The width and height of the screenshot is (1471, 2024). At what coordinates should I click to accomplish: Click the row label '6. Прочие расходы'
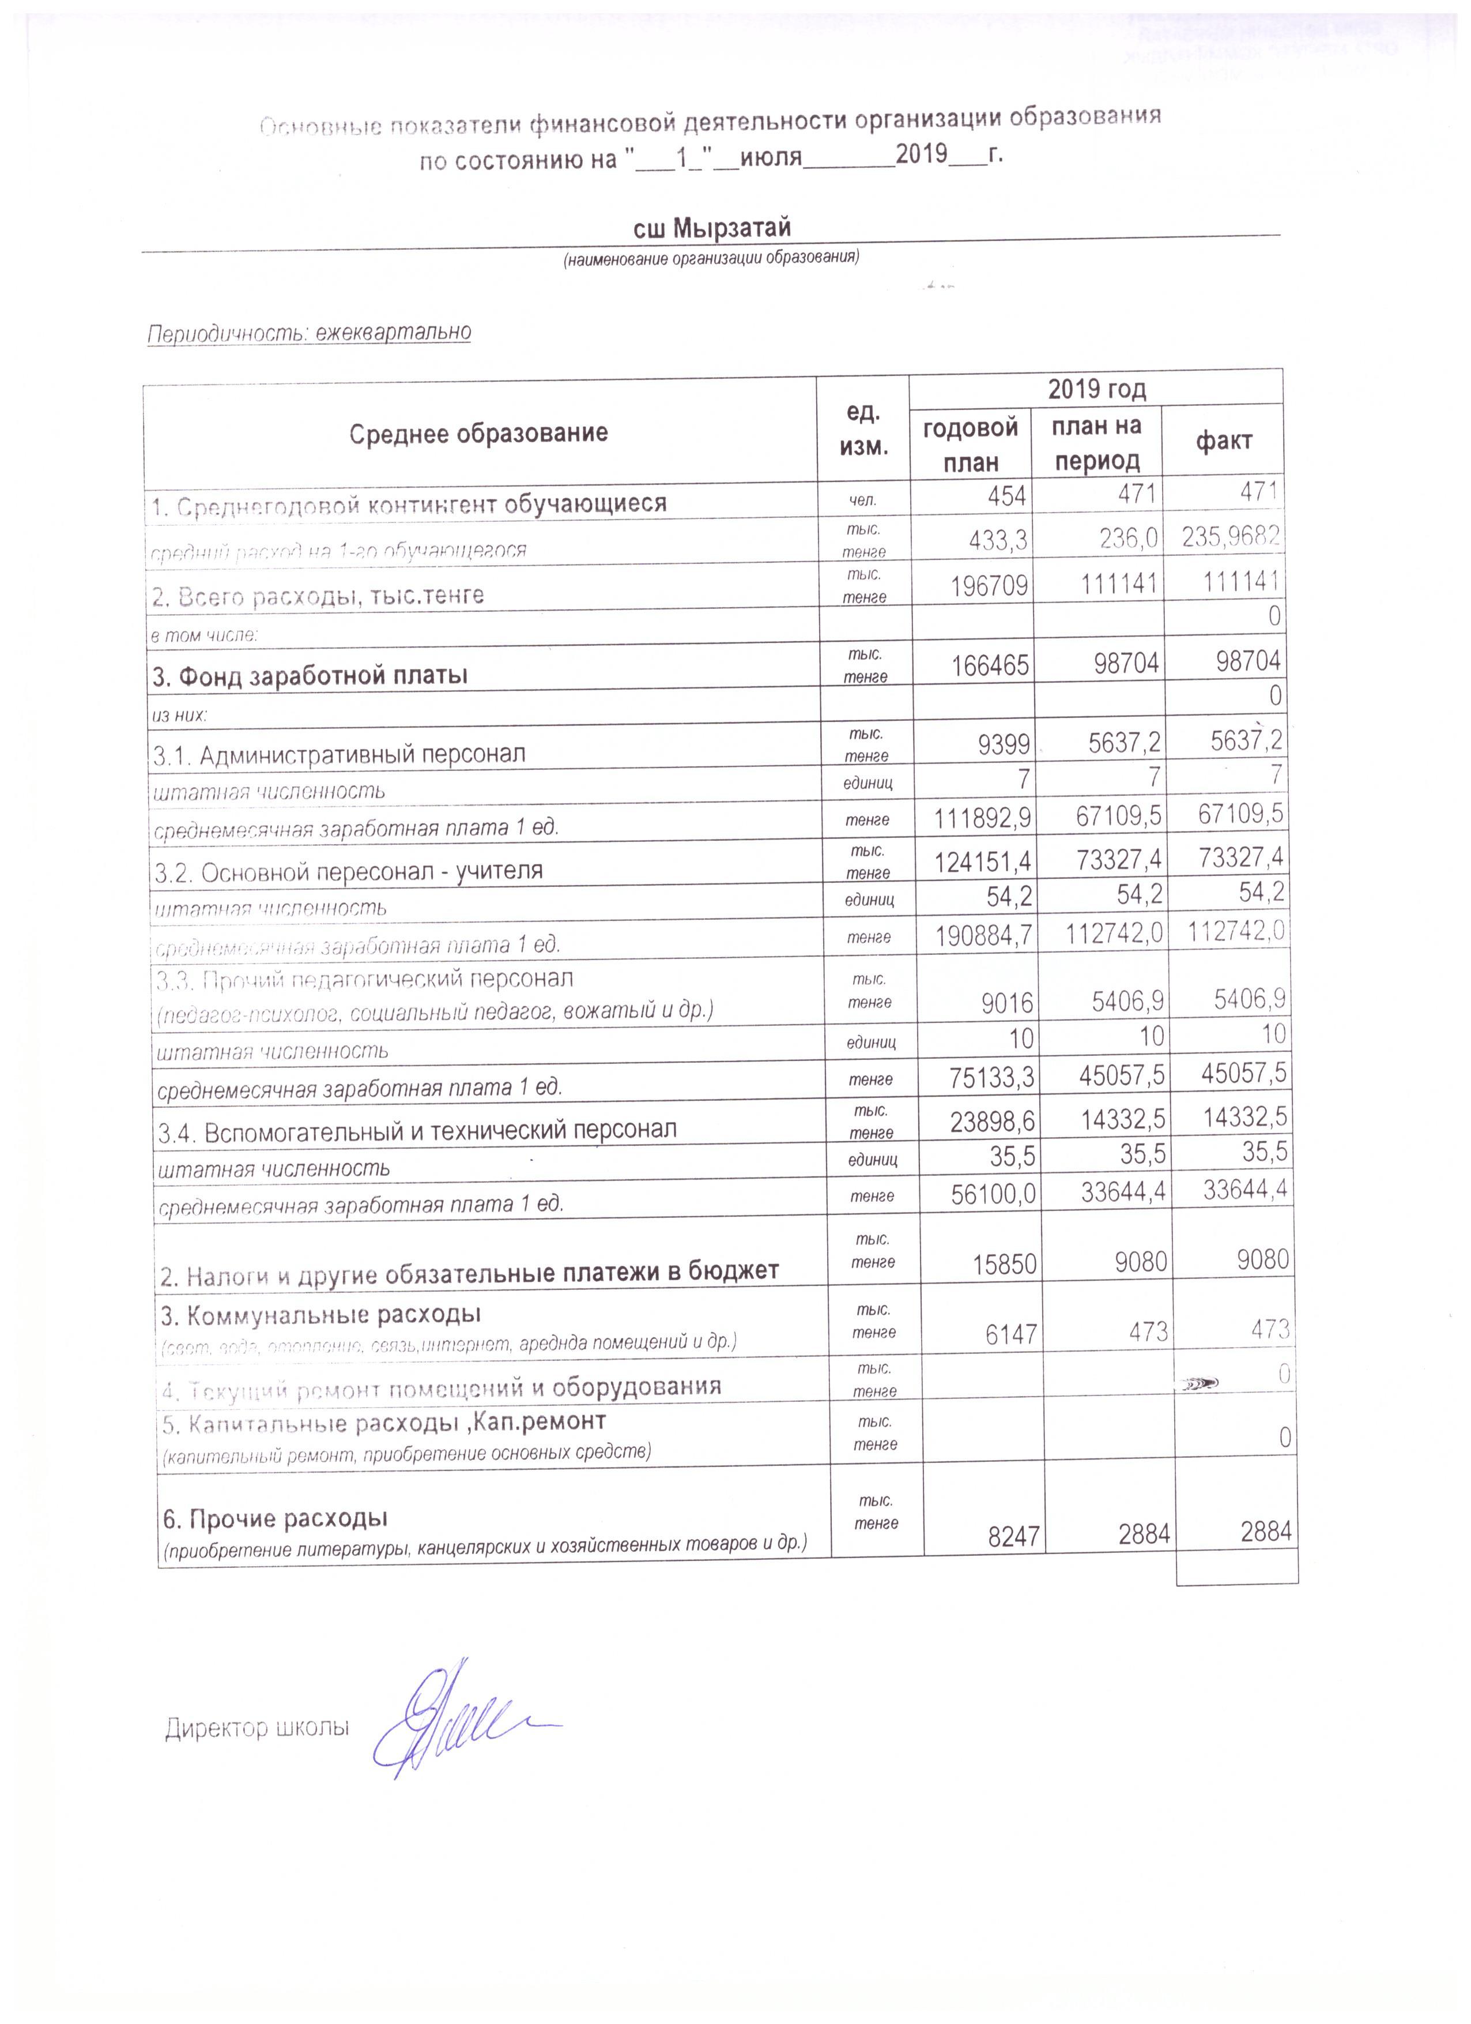(x=274, y=1518)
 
